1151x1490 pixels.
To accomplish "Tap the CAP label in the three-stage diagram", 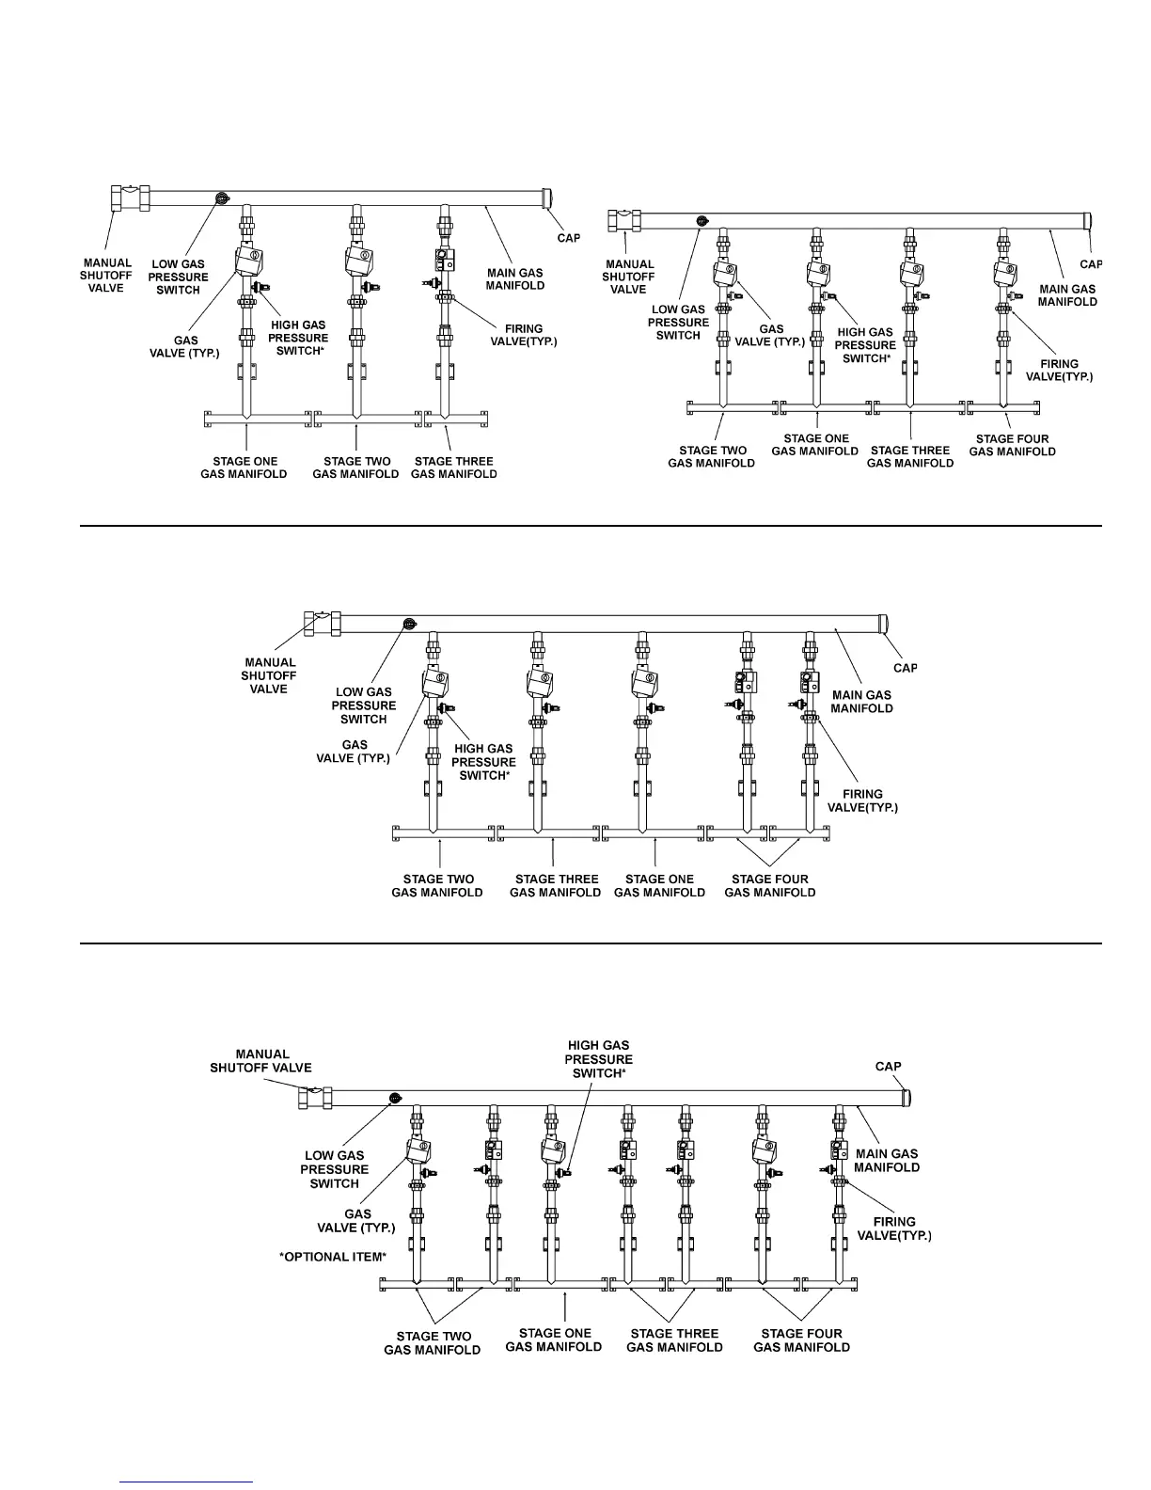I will click(x=569, y=238).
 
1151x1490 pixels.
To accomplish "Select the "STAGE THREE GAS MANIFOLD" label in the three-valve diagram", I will click(x=453, y=468).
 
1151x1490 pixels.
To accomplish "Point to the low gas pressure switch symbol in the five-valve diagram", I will click(x=409, y=624).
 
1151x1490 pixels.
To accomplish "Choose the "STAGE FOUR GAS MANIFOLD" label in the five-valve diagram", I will click(x=769, y=885).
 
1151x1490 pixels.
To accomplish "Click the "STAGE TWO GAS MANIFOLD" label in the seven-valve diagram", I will click(x=432, y=1342).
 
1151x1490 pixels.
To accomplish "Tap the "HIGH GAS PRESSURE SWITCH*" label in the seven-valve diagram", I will click(x=598, y=1059).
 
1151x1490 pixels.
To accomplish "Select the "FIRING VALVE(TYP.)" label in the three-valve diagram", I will click(x=524, y=336).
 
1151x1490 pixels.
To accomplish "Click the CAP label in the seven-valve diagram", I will click(x=888, y=1067).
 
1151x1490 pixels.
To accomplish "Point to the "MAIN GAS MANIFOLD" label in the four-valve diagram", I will click(x=1067, y=295).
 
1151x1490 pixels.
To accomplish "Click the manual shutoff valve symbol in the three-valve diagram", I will click(x=130, y=199).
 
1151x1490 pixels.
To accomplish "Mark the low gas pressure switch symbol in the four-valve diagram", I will click(x=701, y=221).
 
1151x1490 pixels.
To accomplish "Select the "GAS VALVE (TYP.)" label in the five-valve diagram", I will click(x=354, y=751).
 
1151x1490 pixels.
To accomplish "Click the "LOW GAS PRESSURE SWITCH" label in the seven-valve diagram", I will click(x=335, y=1169).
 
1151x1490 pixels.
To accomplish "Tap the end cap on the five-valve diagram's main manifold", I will click(x=884, y=625).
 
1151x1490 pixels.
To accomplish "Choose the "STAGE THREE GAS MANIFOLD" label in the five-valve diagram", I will click(x=555, y=885).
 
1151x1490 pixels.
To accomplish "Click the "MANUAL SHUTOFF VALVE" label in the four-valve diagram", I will click(x=627, y=277).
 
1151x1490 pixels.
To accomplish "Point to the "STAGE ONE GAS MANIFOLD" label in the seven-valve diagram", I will click(x=553, y=1339).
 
